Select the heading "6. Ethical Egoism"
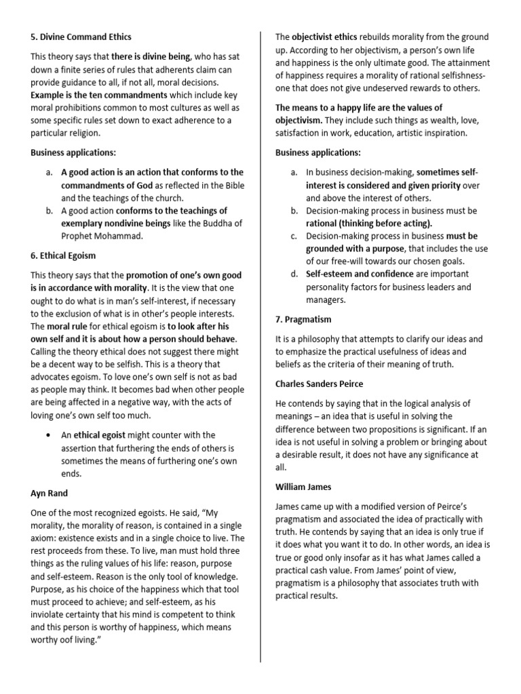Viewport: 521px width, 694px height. tap(63, 256)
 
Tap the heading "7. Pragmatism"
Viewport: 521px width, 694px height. tap(303, 319)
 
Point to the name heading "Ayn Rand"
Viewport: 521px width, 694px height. tap(49, 494)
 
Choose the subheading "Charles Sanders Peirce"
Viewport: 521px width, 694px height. tap(323, 384)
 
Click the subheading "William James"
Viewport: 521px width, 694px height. tap(303, 487)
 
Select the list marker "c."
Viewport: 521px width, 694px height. tap(294, 237)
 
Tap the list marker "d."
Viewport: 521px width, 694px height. tap(294, 274)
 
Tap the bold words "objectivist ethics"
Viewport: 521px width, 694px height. tap(332, 37)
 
